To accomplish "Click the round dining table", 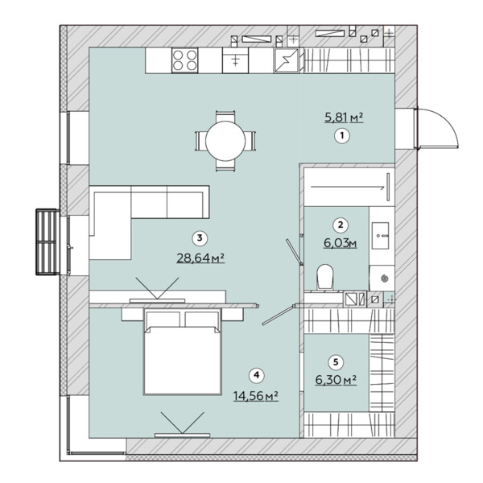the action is (x=225, y=141).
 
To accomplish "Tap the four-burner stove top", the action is (x=184, y=60).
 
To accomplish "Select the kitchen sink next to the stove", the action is (x=235, y=60).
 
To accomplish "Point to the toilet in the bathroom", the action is (x=325, y=277).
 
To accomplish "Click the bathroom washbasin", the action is (x=380, y=236).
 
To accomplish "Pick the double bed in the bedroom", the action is (x=183, y=352).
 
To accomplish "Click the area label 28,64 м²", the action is (x=200, y=258).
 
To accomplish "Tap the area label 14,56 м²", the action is (x=256, y=396).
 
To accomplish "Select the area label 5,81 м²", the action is (x=344, y=118).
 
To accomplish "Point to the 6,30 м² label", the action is (x=336, y=380).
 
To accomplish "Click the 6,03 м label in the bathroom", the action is (x=340, y=243).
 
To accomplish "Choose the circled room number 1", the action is (x=342, y=135).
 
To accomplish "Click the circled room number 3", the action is (x=200, y=237).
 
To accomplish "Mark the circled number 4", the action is (x=256, y=375).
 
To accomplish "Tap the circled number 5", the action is (x=336, y=362).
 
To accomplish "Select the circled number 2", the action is (x=341, y=225).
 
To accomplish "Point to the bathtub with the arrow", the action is (x=349, y=187).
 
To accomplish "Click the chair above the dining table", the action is (x=225, y=117).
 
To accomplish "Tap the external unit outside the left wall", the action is (x=47, y=242).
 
